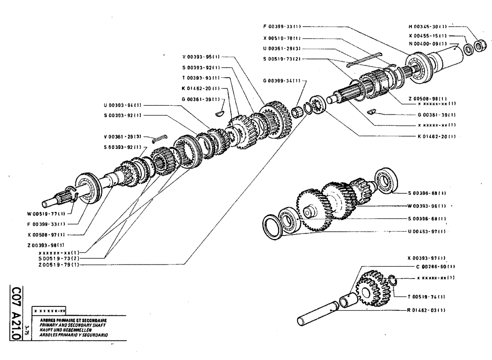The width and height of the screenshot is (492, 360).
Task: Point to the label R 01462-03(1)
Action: click(x=427, y=311)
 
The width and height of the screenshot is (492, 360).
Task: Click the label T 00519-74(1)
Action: click(x=427, y=297)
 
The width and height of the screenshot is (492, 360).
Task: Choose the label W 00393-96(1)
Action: click(x=427, y=206)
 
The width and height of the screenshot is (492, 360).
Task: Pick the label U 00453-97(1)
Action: click(x=427, y=231)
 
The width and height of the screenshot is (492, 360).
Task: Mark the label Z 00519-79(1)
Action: click(x=60, y=264)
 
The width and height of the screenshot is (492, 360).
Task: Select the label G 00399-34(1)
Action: click(x=284, y=80)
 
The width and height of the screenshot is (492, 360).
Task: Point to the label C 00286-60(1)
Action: click(x=430, y=266)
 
